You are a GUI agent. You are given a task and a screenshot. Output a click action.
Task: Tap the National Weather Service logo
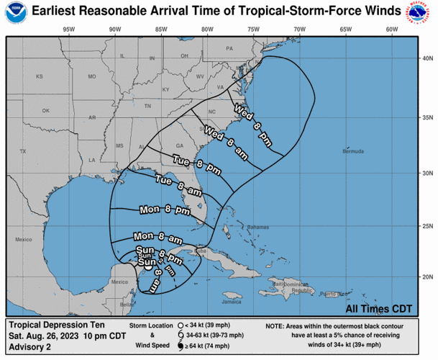coord(421,14)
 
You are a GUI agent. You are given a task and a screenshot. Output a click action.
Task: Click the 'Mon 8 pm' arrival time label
coord(165,211)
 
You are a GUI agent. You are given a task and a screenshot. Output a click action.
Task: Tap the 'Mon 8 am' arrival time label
coord(157,237)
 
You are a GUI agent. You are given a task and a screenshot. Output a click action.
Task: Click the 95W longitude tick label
coord(69,30)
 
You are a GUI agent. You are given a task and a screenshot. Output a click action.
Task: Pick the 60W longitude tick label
coord(392,30)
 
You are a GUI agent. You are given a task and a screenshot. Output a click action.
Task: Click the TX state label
coord(22,151)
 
